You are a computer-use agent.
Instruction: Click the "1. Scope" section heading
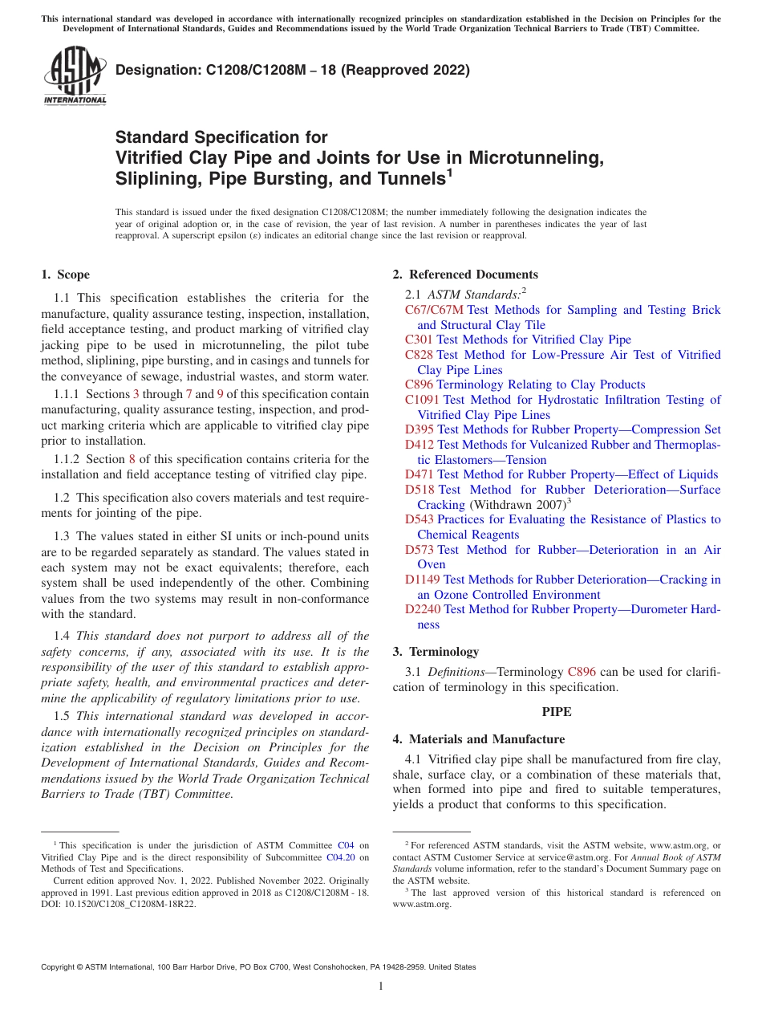click(65, 275)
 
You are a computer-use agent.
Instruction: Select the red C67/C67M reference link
click(434, 310)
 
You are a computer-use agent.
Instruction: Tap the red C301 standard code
click(419, 340)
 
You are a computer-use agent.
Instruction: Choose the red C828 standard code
click(419, 355)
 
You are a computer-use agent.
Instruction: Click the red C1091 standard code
click(422, 400)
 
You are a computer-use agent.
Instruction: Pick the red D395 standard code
click(419, 429)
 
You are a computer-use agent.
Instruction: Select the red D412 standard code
click(419, 445)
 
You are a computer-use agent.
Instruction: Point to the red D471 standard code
click(419, 474)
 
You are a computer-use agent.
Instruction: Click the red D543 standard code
click(419, 519)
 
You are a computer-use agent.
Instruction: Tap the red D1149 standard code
click(422, 580)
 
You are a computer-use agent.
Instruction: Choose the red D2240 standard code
click(422, 609)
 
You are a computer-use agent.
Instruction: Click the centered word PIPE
click(557, 711)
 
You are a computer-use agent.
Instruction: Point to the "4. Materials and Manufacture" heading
click(478, 739)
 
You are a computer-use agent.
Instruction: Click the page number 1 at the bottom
click(381, 986)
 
